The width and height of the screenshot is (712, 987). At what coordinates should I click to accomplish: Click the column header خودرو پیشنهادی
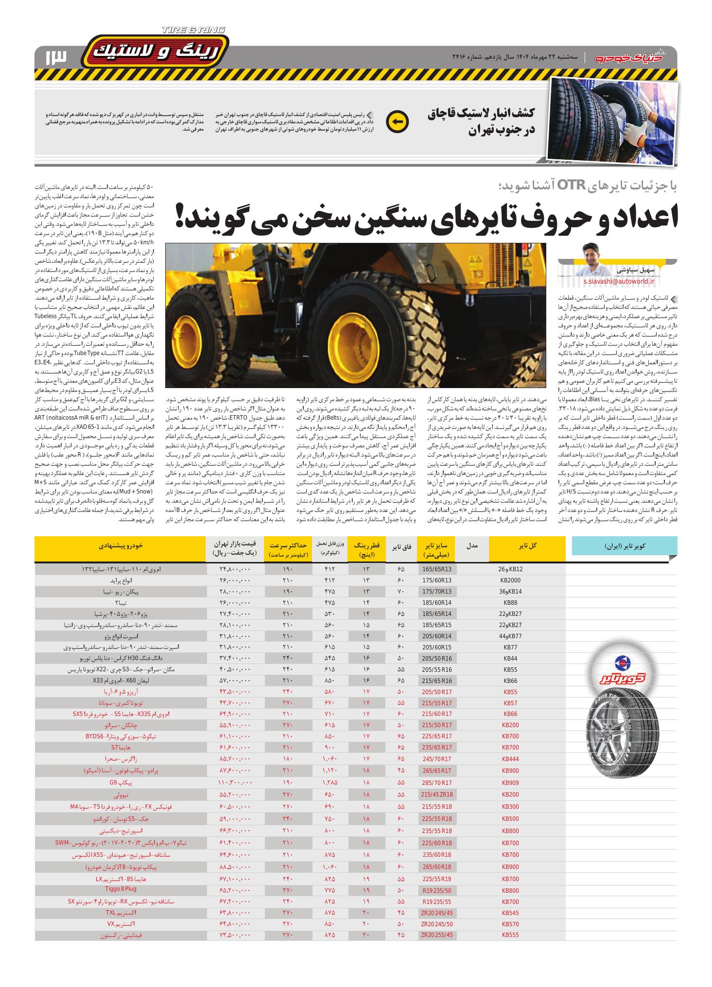[120, 546]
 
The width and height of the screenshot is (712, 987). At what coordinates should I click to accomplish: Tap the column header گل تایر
[528, 546]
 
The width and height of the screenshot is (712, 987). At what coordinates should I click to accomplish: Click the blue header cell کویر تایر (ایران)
[623, 546]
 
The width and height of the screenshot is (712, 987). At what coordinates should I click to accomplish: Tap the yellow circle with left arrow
[397, 122]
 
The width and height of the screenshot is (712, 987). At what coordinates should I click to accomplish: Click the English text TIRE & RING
[193, 30]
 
